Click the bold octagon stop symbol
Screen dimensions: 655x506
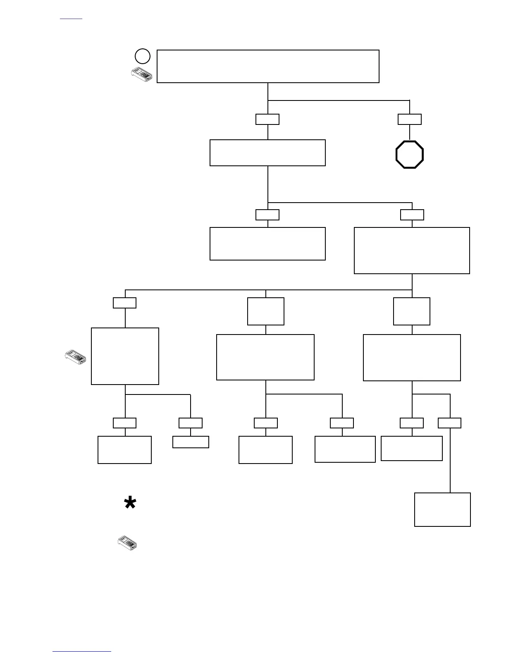(x=409, y=155)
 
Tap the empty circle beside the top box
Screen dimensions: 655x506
(x=142, y=56)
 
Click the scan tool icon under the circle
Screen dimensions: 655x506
(x=141, y=75)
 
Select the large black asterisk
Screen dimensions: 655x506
(x=130, y=504)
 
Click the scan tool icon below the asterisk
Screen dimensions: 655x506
(x=127, y=543)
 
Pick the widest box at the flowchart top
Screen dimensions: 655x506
(x=268, y=66)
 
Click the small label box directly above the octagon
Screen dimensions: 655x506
(x=409, y=119)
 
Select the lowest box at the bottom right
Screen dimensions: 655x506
(x=442, y=509)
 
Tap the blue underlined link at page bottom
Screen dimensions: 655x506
(x=82, y=652)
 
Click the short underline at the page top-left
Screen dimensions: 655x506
(x=71, y=19)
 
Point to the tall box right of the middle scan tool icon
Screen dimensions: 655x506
(x=125, y=356)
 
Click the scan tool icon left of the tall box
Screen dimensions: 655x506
(x=76, y=357)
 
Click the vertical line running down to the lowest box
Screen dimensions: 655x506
(x=450, y=459)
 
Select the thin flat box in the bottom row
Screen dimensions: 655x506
(x=191, y=442)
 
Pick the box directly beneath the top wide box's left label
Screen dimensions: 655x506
(x=267, y=153)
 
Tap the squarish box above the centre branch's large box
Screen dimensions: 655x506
(x=266, y=311)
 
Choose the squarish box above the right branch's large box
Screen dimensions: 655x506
(x=412, y=311)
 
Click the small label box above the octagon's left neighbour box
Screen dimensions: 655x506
(x=267, y=119)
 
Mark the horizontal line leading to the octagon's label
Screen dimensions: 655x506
(x=339, y=100)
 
